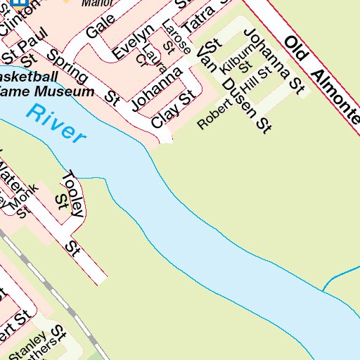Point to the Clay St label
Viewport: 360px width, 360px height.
point(172,109)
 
